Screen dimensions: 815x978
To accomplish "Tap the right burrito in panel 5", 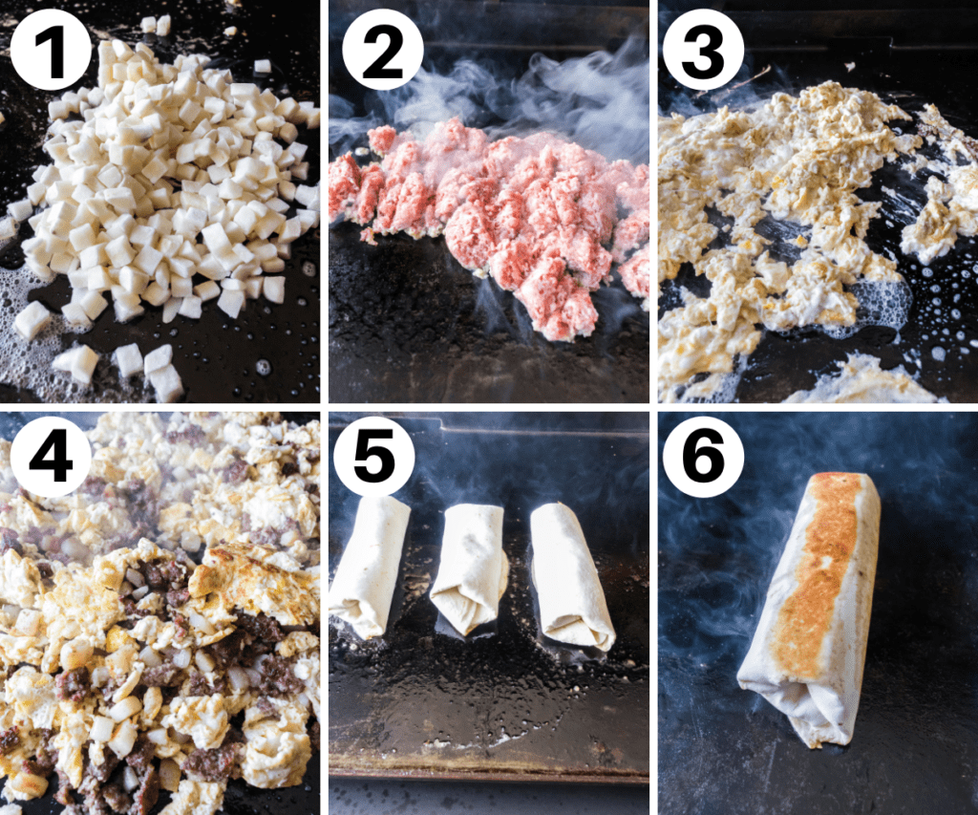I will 570,573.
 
